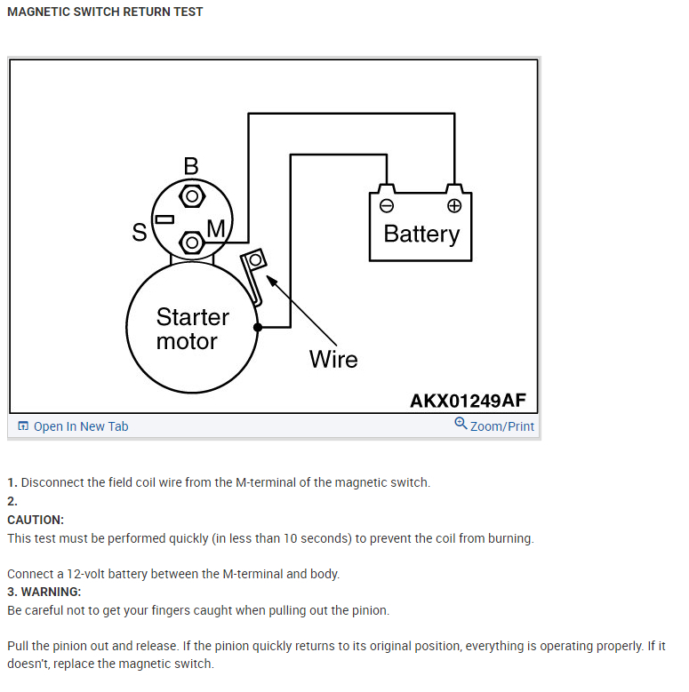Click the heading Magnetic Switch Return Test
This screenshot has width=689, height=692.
105,12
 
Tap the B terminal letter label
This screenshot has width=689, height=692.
191,166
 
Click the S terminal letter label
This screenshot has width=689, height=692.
140,233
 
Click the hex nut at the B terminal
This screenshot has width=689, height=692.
191,195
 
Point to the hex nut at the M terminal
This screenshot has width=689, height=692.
191,242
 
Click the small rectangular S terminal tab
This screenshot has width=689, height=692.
164,219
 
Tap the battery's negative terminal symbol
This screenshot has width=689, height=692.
386,206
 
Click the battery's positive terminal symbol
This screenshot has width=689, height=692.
454,206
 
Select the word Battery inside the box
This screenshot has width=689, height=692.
421,234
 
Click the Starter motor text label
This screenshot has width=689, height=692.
192,329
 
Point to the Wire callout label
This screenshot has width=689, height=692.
333,360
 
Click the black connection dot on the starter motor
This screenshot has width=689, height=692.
258,328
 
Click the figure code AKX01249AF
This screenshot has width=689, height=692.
468,401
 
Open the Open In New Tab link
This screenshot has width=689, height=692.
81,426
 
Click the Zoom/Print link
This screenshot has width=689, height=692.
502,426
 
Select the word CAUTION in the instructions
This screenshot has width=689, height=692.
36,520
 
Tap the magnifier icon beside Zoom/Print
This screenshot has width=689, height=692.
461,424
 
